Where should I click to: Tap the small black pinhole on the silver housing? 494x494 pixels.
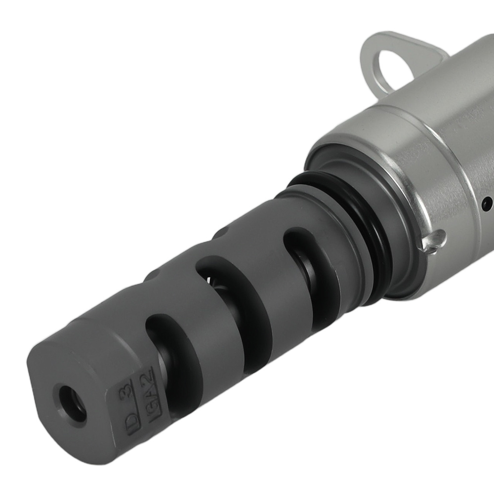coord(488,203)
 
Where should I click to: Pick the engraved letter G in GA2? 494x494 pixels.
coord(146,403)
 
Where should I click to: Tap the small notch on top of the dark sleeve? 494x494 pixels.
coord(223,230)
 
